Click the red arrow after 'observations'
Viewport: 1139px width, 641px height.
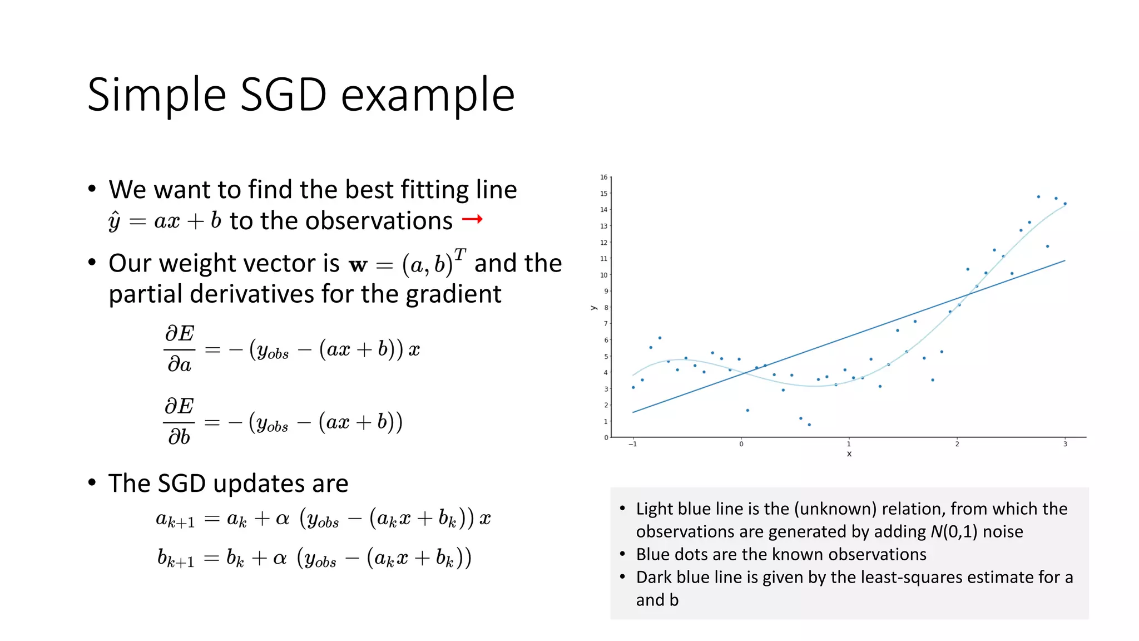coord(472,220)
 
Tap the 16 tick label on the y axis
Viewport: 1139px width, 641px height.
coord(603,177)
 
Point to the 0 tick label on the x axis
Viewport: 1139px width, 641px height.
coord(741,444)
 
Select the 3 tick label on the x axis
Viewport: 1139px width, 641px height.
coord(1065,444)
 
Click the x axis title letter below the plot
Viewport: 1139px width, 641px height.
coord(849,454)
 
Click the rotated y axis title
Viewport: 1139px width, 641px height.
coord(593,308)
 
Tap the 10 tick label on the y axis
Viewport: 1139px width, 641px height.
coord(603,275)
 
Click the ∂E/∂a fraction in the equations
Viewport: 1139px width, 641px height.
coord(179,349)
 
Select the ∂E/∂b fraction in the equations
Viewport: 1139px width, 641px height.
coord(179,421)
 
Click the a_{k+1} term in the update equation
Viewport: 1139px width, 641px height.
coord(175,520)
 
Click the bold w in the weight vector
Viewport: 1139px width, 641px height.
coord(358,265)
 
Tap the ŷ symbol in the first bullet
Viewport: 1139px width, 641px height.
coord(115,221)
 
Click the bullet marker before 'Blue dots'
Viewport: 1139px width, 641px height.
coord(622,554)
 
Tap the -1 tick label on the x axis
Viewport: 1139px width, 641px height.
coord(632,444)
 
